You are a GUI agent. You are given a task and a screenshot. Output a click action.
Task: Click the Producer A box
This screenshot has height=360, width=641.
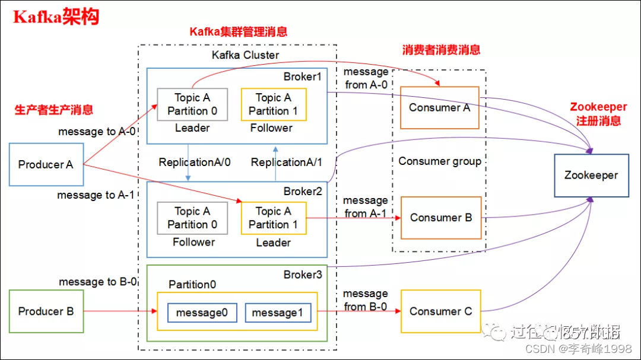(46, 164)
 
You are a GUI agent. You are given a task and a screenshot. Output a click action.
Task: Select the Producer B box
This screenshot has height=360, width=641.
(46, 311)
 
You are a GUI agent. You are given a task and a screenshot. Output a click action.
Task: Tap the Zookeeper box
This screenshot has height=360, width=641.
(591, 175)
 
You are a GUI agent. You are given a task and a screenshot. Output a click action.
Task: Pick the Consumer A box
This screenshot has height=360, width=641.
(439, 107)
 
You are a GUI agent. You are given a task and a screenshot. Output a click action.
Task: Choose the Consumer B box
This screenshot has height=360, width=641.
(441, 218)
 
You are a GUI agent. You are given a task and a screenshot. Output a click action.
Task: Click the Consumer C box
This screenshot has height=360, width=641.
(441, 311)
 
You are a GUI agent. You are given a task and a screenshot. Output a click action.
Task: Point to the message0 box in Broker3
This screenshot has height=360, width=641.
(202, 312)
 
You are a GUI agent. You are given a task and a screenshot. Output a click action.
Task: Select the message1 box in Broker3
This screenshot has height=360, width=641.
(278, 312)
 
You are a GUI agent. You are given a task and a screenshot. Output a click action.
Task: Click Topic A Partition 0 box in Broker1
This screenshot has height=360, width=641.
(192, 104)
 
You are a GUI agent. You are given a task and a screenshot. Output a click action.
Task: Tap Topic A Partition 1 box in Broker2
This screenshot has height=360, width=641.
(274, 218)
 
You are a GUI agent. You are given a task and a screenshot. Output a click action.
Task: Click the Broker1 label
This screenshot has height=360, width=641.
(302, 77)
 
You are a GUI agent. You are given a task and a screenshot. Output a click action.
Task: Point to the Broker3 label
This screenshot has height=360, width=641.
(302, 275)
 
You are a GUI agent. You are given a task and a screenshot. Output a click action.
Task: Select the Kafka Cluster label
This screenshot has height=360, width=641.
(246, 55)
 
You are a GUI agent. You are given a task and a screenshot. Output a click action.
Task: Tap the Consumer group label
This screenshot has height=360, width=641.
(440, 161)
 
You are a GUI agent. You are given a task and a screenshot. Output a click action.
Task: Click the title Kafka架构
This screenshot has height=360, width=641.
(56, 17)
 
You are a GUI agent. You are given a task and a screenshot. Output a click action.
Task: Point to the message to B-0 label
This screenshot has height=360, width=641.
(98, 282)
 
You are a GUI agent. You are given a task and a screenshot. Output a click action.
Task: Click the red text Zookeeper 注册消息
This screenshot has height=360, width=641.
(598, 114)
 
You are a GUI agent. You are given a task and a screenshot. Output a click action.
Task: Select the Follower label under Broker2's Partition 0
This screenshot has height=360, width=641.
(193, 242)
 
